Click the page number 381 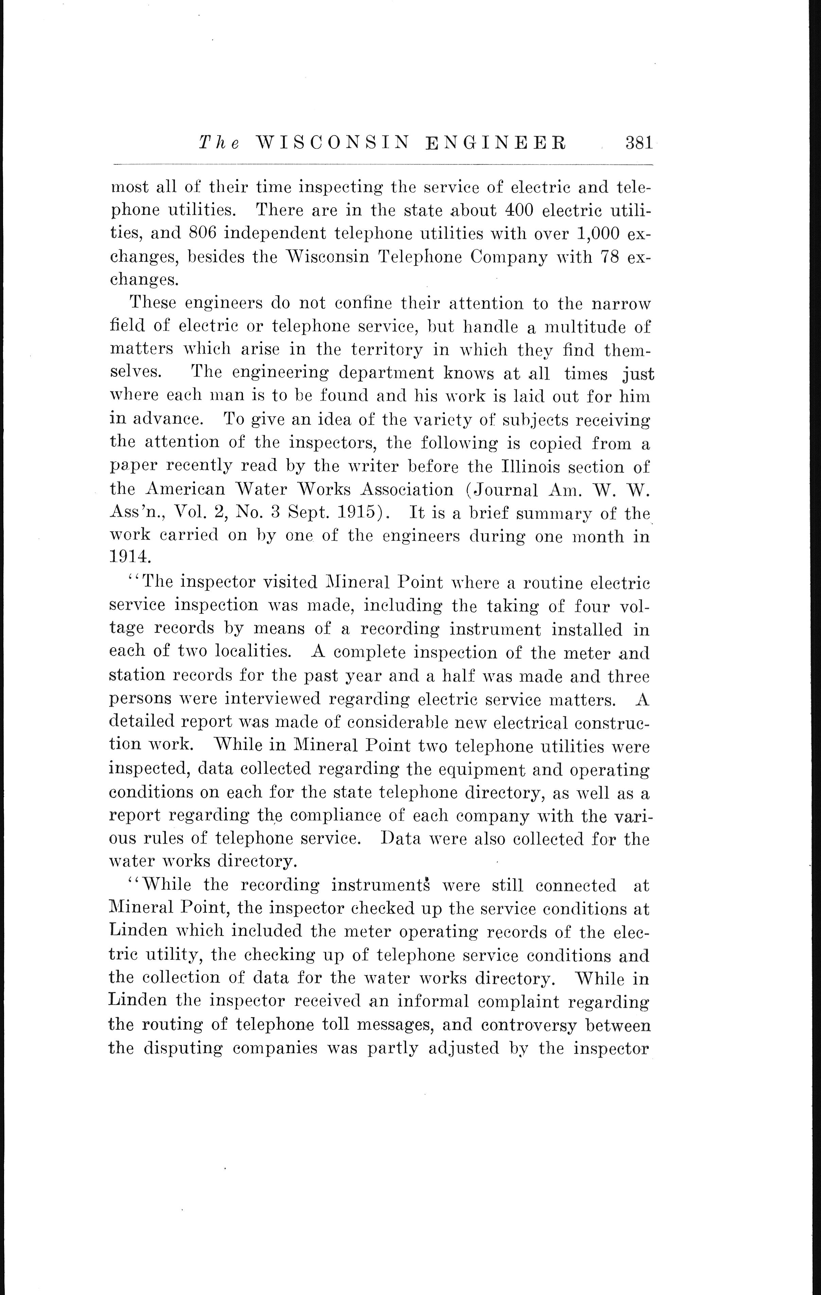(638, 144)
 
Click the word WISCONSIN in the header (330, 144)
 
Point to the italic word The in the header (220, 144)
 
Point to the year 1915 (353, 513)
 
